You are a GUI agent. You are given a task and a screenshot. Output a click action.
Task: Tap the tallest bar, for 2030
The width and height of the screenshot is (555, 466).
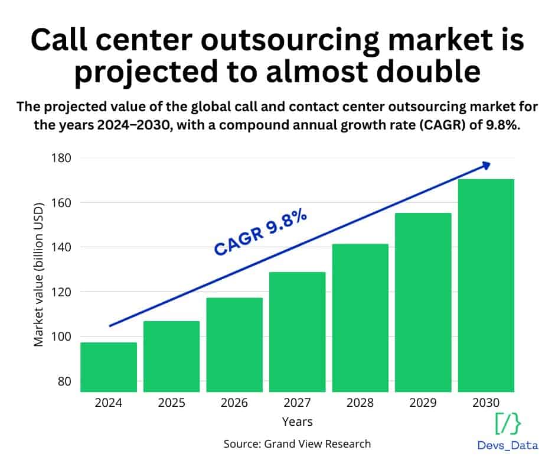pos(486,285)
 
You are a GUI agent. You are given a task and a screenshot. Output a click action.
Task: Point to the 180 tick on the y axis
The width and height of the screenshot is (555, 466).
pos(61,158)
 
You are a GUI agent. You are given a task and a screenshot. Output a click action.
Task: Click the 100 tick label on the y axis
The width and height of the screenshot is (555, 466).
pos(61,336)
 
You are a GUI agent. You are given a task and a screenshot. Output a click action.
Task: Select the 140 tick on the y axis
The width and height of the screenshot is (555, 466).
pos(61,247)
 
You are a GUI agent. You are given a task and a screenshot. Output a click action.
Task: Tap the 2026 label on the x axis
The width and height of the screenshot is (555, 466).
pos(234,403)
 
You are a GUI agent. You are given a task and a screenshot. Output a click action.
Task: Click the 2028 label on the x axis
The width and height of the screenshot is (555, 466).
pos(360,403)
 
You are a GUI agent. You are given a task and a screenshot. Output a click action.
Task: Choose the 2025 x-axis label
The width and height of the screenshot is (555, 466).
pos(171,403)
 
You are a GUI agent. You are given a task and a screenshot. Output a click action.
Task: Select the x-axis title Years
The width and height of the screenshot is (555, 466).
pos(297,422)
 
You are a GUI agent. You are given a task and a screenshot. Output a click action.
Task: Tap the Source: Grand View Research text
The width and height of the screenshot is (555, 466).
pos(297,444)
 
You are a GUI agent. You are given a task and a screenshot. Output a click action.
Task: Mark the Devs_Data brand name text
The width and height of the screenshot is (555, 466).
pos(507,446)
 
